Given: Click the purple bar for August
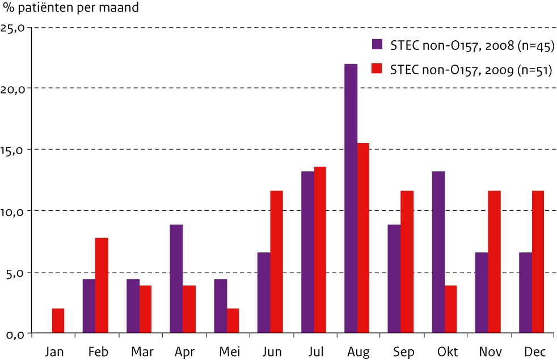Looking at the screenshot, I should tap(351, 198).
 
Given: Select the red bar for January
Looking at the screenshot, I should tap(58, 321).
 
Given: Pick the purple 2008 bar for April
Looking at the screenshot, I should tap(176, 279).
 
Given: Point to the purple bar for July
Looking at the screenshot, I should tap(307, 252).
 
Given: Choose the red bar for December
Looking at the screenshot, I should tap(538, 262).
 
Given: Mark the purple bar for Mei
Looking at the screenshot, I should tap(220, 306).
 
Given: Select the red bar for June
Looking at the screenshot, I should tap(276, 262).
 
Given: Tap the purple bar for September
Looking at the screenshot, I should tap(394, 279).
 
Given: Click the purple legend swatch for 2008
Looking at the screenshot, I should tap(377, 45).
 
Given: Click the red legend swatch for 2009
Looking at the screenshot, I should tap(377, 69).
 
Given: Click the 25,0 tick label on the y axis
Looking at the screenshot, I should tap(15, 28).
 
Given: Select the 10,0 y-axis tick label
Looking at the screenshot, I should tap(15, 211).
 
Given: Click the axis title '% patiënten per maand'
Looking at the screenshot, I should tap(70, 9).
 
